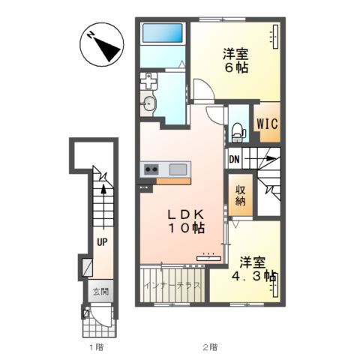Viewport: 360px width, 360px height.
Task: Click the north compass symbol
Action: click(x=102, y=44)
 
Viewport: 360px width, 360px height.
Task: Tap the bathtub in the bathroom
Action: click(x=163, y=33)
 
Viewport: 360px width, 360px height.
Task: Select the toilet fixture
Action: click(x=238, y=131)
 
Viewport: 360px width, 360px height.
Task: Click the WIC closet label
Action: click(x=267, y=124)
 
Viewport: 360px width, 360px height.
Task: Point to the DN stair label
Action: click(x=234, y=159)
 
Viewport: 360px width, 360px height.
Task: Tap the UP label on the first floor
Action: click(x=102, y=242)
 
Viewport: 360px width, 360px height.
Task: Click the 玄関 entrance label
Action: click(x=100, y=292)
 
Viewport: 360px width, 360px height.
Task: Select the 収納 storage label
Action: click(x=240, y=196)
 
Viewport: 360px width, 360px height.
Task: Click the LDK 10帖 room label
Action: click(x=187, y=221)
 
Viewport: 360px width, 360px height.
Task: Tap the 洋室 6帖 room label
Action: click(x=235, y=61)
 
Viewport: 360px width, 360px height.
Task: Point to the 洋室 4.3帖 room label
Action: click(x=253, y=269)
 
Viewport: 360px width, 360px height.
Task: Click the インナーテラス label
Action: click(x=173, y=285)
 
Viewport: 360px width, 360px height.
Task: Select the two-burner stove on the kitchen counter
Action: click(x=151, y=169)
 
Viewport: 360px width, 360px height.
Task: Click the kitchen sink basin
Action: click(x=178, y=169)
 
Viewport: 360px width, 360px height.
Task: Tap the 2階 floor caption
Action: click(x=210, y=347)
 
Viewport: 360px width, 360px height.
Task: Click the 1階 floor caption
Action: click(x=96, y=347)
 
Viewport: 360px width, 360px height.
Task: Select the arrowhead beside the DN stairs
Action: click(x=271, y=158)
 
